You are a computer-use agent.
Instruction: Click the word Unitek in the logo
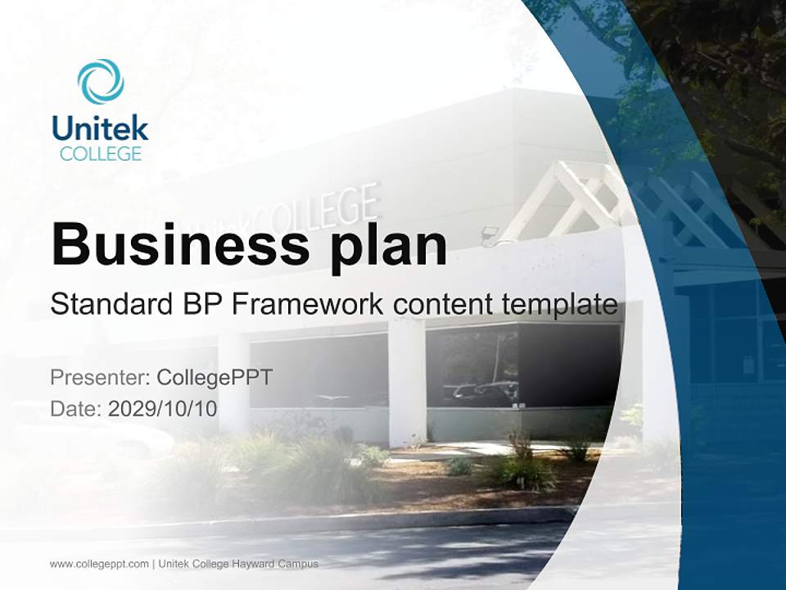(100, 129)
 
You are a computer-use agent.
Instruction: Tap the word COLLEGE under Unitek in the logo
(100, 153)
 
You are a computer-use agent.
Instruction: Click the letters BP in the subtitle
(201, 304)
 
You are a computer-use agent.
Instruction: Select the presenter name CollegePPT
(215, 378)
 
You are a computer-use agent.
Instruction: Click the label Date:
(76, 408)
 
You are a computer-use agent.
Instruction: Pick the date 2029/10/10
(163, 408)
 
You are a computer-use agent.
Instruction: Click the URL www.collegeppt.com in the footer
(99, 564)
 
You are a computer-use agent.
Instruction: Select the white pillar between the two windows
(406, 381)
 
